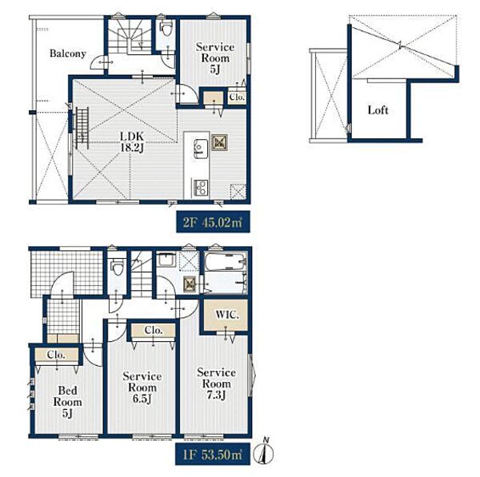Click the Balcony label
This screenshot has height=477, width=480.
point(67,54)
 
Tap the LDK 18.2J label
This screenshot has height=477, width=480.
point(132,142)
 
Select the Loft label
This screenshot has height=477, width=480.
point(378,110)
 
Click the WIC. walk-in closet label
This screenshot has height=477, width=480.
point(227,315)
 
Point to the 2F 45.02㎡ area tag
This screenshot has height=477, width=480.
point(213,222)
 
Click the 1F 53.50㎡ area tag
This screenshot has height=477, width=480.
point(213,455)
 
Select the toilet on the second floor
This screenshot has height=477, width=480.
point(166,29)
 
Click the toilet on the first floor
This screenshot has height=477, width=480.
point(117,267)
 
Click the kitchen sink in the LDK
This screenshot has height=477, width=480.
point(201,149)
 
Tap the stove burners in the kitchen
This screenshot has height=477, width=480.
point(201,187)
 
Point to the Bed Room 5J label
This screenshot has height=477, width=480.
point(68,402)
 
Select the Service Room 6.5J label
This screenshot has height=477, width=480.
point(142,388)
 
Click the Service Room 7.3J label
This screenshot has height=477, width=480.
point(217,384)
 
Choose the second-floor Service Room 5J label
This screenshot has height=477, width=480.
point(215,58)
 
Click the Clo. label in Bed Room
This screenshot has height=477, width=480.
point(56,355)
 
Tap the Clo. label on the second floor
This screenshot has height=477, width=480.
point(237,97)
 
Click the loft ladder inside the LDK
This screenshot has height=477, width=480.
point(82,128)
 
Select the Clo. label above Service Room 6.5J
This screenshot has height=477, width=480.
point(154,330)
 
